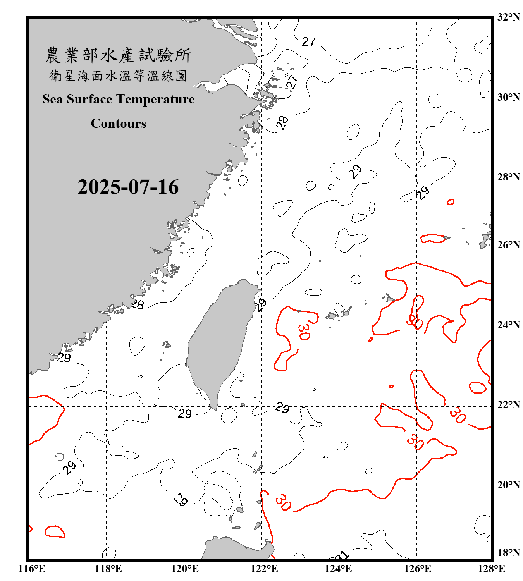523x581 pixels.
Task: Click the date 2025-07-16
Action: (128, 187)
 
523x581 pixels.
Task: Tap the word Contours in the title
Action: (119, 124)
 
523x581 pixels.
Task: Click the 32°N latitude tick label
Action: (508, 17)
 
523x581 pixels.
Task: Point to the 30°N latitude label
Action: (508, 97)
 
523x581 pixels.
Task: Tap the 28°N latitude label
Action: (508, 177)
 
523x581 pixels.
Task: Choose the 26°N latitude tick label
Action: (508, 245)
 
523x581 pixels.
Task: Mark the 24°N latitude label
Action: (508, 325)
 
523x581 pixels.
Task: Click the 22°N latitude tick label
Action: (508, 405)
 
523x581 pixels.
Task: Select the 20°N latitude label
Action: (508, 485)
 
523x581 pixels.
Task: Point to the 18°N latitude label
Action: (508, 553)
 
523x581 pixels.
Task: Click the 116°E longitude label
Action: (32, 569)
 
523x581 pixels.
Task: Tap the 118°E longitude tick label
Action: (108, 569)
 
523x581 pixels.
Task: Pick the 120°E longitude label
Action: (185, 569)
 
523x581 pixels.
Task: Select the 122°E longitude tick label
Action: (264, 569)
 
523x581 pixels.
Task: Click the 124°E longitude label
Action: (338, 569)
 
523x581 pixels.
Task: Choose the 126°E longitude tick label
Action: (417, 569)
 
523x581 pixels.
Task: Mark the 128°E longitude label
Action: (491, 569)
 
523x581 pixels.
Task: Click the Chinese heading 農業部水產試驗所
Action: (118, 55)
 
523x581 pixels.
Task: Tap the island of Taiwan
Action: (219, 341)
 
